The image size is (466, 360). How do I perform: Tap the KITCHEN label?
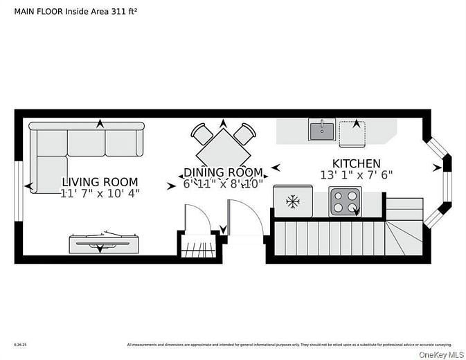(356, 163)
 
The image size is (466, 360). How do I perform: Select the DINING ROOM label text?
(223, 172)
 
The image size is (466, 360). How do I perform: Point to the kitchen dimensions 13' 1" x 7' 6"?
(356, 175)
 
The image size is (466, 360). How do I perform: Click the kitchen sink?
(322, 129)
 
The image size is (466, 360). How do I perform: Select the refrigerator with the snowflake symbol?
(293, 201)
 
